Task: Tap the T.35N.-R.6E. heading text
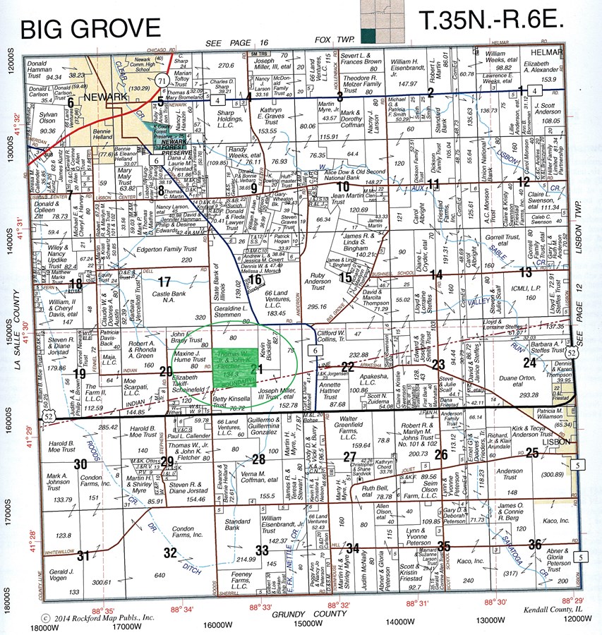click(491, 21)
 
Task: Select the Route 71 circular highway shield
click(163, 80)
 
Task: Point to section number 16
click(255, 280)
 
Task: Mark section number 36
click(536, 545)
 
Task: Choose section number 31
click(83, 555)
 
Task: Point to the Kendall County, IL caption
click(554, 609)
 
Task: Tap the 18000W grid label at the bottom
click(43, 627)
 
